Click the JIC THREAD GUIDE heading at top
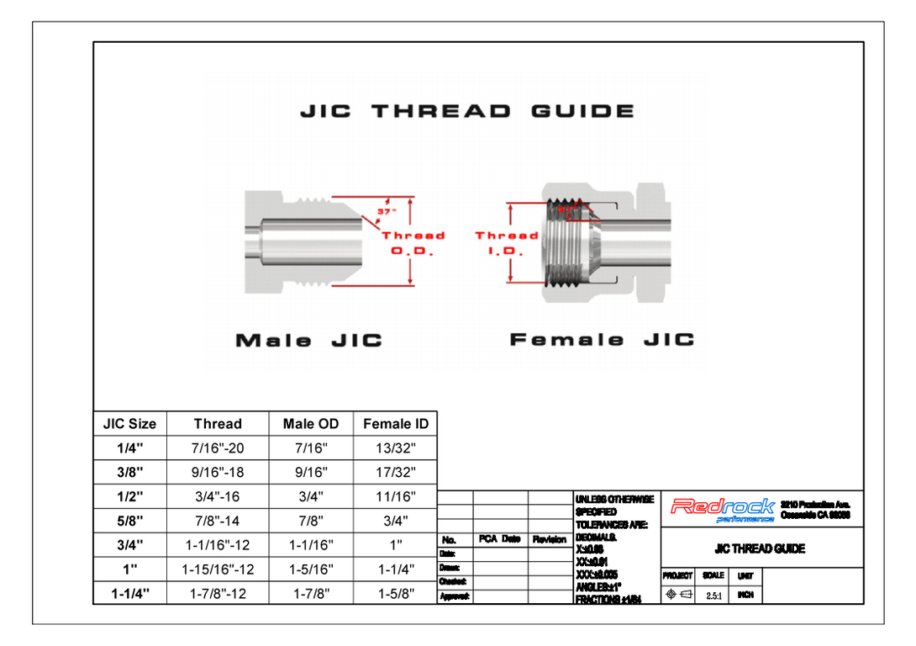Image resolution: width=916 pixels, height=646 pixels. (467, 112)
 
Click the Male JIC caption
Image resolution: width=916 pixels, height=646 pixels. (308, 341)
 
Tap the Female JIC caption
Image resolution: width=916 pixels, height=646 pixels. (602, 340)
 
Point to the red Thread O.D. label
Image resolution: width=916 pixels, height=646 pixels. (413, 243)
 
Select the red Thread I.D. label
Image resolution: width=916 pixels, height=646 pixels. (506, 243)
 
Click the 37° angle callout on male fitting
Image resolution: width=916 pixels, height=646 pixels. (385, 212)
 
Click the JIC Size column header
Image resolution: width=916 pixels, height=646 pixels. (129, 424)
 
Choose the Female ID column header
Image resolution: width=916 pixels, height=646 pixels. (396, 424)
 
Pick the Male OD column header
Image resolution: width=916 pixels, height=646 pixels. (311, 424)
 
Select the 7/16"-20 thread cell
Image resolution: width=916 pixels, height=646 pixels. (218, 448)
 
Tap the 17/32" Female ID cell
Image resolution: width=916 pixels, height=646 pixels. (396, 473)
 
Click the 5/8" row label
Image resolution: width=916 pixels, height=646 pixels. (129, 521)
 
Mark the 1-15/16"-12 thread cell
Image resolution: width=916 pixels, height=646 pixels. (218, 569)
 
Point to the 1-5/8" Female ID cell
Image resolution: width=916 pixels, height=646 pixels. (396, 594)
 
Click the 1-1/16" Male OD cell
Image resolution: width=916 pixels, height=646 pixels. (311, 545)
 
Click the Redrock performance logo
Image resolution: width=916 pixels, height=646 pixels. (722, 508)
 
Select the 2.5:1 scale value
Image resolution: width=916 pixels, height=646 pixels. (713, 595)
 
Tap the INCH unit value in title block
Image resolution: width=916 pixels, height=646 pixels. (745, 595)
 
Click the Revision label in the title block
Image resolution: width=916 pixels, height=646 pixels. (550, 539)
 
